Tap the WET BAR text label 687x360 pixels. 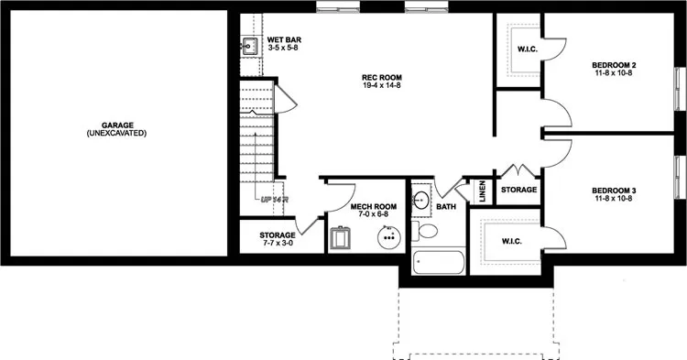(x=284, y=41)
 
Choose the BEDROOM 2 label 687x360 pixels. (x=614, y=65)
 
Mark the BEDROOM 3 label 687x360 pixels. (x=614, y=191)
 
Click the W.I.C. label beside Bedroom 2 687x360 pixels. (x=527, y=48)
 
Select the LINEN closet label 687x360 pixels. (x=482, y=191)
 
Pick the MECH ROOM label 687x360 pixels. (x=373, y=207)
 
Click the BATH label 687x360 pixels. (x=446, y=207)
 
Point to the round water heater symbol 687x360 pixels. (x=390, y=237)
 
